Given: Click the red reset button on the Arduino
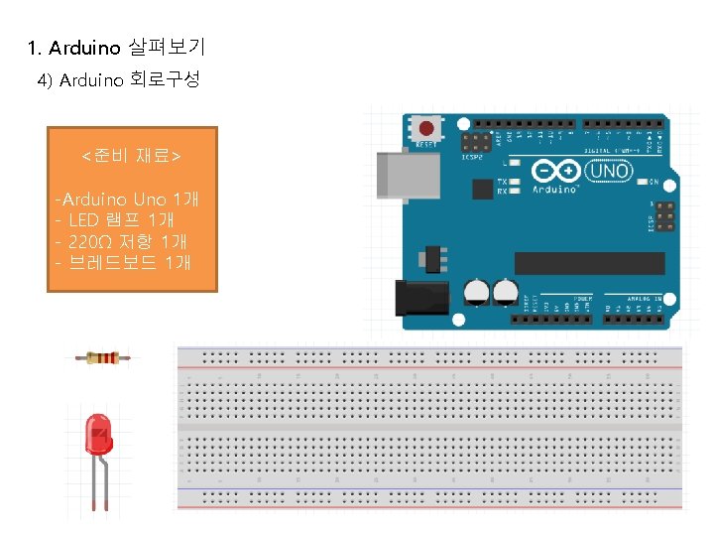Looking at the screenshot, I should (427, 129).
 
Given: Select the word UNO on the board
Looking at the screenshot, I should (608, 171).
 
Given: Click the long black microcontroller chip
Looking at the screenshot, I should (589, 263).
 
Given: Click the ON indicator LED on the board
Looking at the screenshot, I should (641, 183).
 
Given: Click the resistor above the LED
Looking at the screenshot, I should (103, 357).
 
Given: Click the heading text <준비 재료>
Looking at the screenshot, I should (131, 157).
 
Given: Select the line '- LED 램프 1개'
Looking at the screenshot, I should (116, 220).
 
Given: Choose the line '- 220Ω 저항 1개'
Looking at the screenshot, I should (122, 241).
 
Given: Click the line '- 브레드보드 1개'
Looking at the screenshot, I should (123, 262).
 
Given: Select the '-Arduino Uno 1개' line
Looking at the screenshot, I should (128, 200).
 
